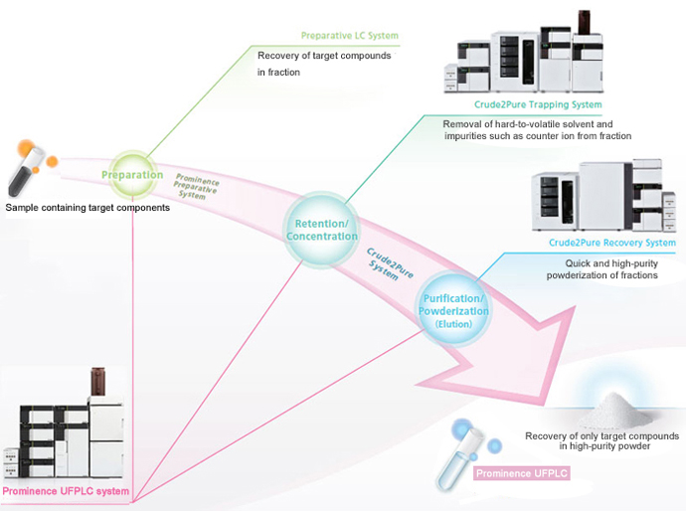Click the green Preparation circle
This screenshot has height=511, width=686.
(x=132, y=175)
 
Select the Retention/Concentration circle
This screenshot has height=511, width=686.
(x=321, y=228)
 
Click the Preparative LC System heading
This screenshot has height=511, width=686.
(x=349, y=36)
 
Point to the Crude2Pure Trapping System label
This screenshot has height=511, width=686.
(x=538, y=103)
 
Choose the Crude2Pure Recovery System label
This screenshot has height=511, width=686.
(x=612, y=243)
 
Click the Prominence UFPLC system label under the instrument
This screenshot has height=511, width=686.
(x=66, y=491)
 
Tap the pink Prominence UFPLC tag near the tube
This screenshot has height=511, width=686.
(x=522, y=473)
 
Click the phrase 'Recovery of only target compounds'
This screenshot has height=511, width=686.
(x=601, y=436)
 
